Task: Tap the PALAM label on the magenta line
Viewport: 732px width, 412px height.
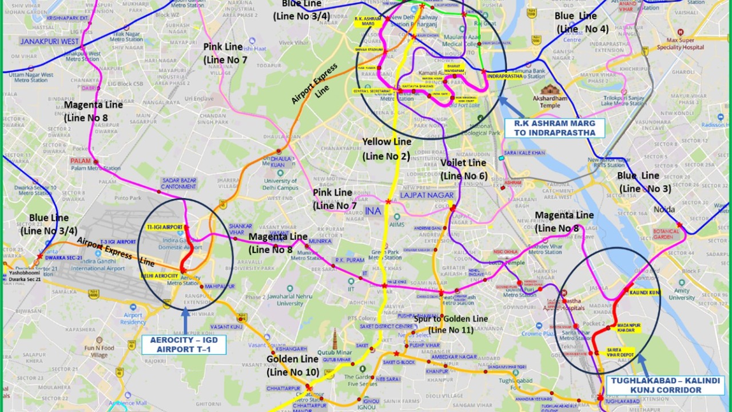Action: click(x=81, y=161)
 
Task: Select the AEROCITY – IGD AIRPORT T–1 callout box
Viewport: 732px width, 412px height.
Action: click(x=184, y=344)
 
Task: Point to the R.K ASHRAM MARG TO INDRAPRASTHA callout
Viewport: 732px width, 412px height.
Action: click(x=554, y=128)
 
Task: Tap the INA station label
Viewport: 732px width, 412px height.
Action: click(x=372, y=211)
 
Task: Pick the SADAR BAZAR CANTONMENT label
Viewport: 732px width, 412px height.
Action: click(x=179, y=184)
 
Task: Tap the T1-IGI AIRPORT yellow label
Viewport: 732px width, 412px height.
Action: click(x=164, y=227)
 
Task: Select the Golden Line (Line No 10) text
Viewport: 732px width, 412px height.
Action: click(x=292, y=365)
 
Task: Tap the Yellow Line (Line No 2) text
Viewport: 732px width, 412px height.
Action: click(x=386, y=149)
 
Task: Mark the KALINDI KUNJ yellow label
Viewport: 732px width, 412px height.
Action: click(x=645, y=292)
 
